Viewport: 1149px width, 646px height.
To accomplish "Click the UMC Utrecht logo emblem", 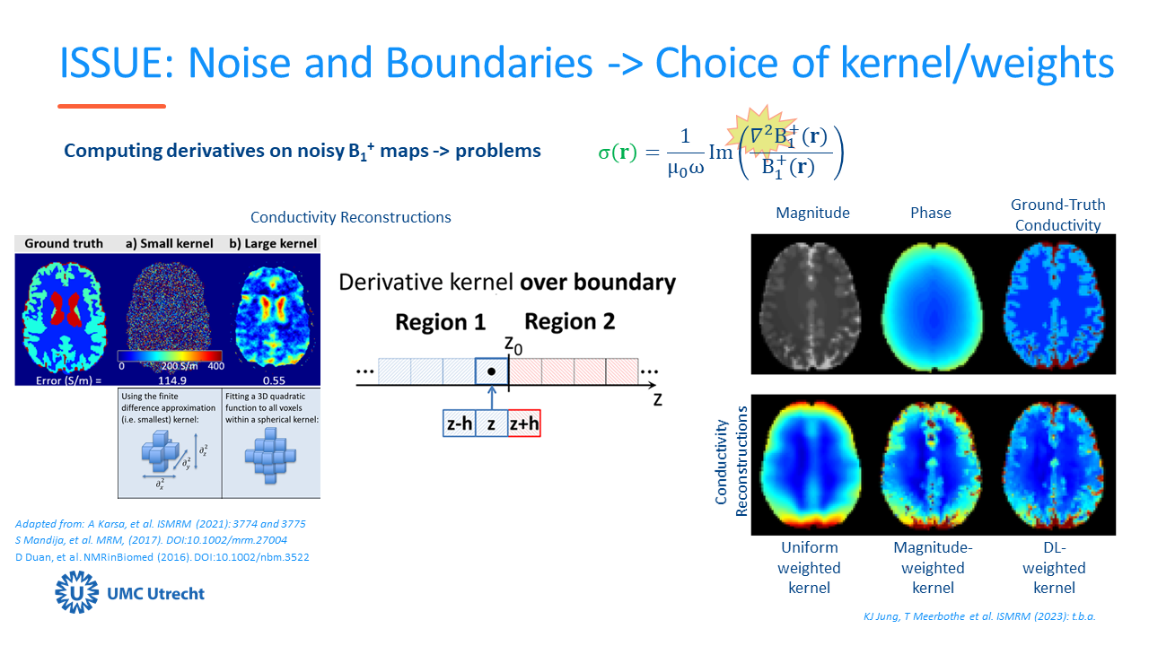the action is click(x=76, y=593).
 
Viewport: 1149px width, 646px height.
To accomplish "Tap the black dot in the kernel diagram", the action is click(x=491, y=371).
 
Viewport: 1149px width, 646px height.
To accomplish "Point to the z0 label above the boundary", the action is click(x=513, y=344).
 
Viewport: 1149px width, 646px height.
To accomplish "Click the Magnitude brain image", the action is click(x=811, y=304).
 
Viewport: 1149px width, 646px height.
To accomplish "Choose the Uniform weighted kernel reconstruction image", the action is click(x=811, y=465).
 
